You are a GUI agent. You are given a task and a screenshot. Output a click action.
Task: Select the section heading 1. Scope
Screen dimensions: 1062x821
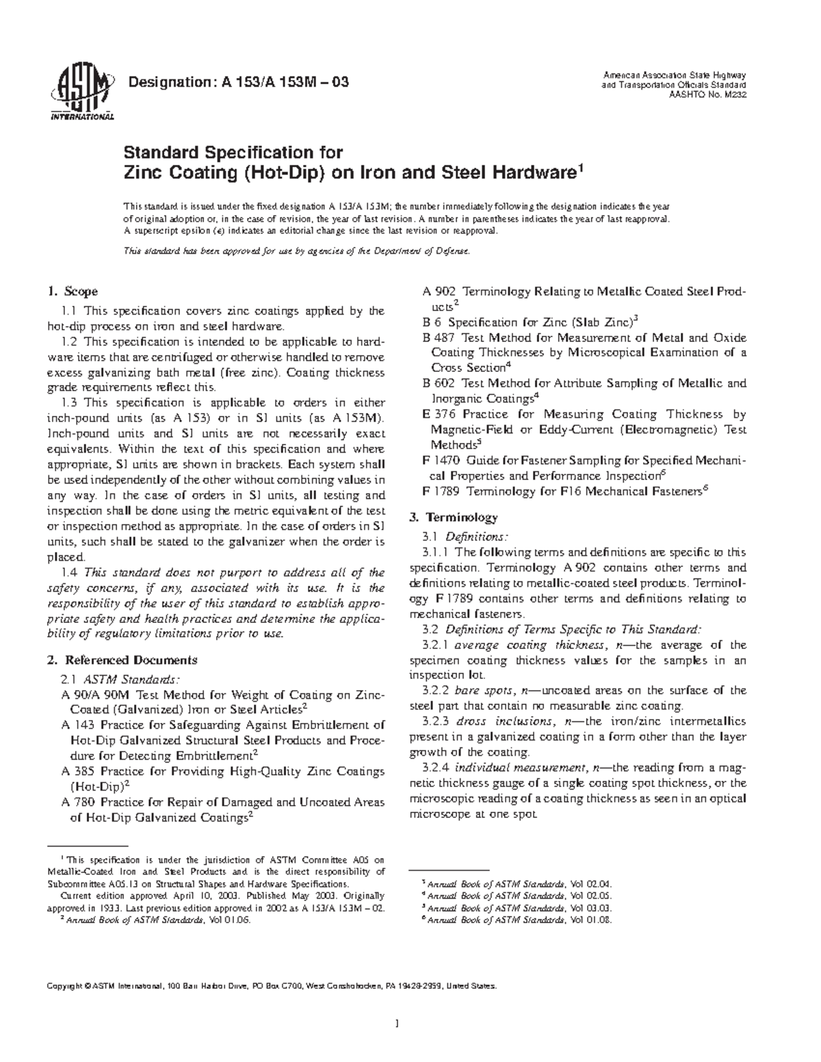(73, 291)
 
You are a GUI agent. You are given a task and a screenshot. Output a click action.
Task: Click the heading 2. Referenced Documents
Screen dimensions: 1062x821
(122, 660)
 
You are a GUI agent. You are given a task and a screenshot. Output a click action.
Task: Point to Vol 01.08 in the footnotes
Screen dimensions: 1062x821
(590, 920)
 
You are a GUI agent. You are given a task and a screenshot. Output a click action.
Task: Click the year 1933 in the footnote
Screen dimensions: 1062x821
(111, 908)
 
